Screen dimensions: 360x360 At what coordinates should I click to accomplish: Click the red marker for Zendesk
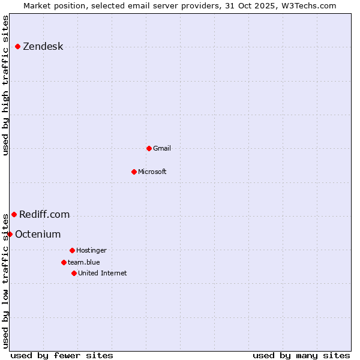click(18, 46)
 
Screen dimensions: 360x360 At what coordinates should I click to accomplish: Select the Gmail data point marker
click(149, 148)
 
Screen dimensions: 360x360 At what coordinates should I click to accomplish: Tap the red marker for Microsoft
click(134, 172)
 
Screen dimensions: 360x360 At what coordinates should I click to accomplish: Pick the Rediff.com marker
click(14, 214)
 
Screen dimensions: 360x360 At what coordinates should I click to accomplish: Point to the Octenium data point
click(10, 234)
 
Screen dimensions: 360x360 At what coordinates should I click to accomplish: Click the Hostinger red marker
click(72, 250)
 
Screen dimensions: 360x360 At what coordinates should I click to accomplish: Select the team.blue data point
click(64, 262)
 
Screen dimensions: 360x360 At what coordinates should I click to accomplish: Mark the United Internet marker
click(74, 273)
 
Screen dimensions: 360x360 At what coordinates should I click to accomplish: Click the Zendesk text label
click(43, 47)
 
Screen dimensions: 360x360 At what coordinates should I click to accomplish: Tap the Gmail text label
click(162, 148)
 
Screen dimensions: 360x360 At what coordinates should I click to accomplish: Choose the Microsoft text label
click(152, 172)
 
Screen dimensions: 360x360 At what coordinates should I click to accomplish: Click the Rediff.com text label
click(44, 214)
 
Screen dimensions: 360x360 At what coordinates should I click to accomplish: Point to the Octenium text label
click(38, 234)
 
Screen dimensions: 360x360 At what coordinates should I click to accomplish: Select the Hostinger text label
click(91, 250)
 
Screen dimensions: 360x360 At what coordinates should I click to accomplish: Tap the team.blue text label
click(84, 262)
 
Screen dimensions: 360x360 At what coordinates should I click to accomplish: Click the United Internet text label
click(102, 273)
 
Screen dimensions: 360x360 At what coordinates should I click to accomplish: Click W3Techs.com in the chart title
click(308, 5)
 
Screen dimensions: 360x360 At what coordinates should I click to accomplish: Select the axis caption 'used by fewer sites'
click(62, 355)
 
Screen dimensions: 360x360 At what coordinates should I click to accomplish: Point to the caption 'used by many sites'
click(301, 355)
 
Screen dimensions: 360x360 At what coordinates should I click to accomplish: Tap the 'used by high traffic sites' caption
click(5, 85)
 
